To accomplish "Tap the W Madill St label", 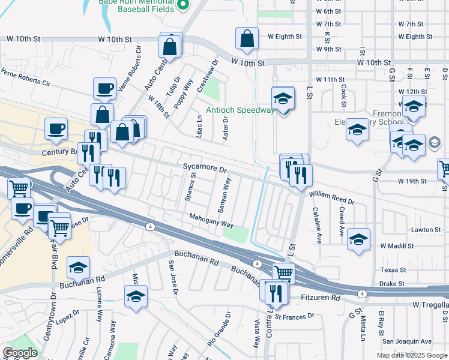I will click(x=397, y=246).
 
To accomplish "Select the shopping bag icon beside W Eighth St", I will click(x=247, y=38).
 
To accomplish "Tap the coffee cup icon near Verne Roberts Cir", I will click(x=104, y=89).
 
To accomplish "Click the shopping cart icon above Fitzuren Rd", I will click(x=284, y=272).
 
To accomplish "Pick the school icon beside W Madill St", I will click(x=358, y=239).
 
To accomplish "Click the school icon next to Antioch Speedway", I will click(x=283, y=98).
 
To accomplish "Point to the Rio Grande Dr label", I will click(x=218, y=329).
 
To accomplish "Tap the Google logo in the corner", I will click(x=20, y=353).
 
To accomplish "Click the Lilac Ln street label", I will click(x=199, y=125).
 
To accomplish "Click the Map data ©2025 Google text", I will click(x=412, y=355).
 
